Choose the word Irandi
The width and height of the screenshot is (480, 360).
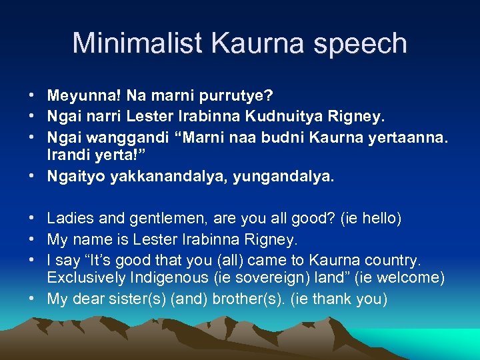click(x=65, y=159)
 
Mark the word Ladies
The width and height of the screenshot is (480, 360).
click(x=67, y=219)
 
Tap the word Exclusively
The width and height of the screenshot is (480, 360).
click(x=81, y=277)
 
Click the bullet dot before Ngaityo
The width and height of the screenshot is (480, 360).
click(x=32, y=178)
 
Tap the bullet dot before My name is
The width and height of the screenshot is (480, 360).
click(x=32, y=239)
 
